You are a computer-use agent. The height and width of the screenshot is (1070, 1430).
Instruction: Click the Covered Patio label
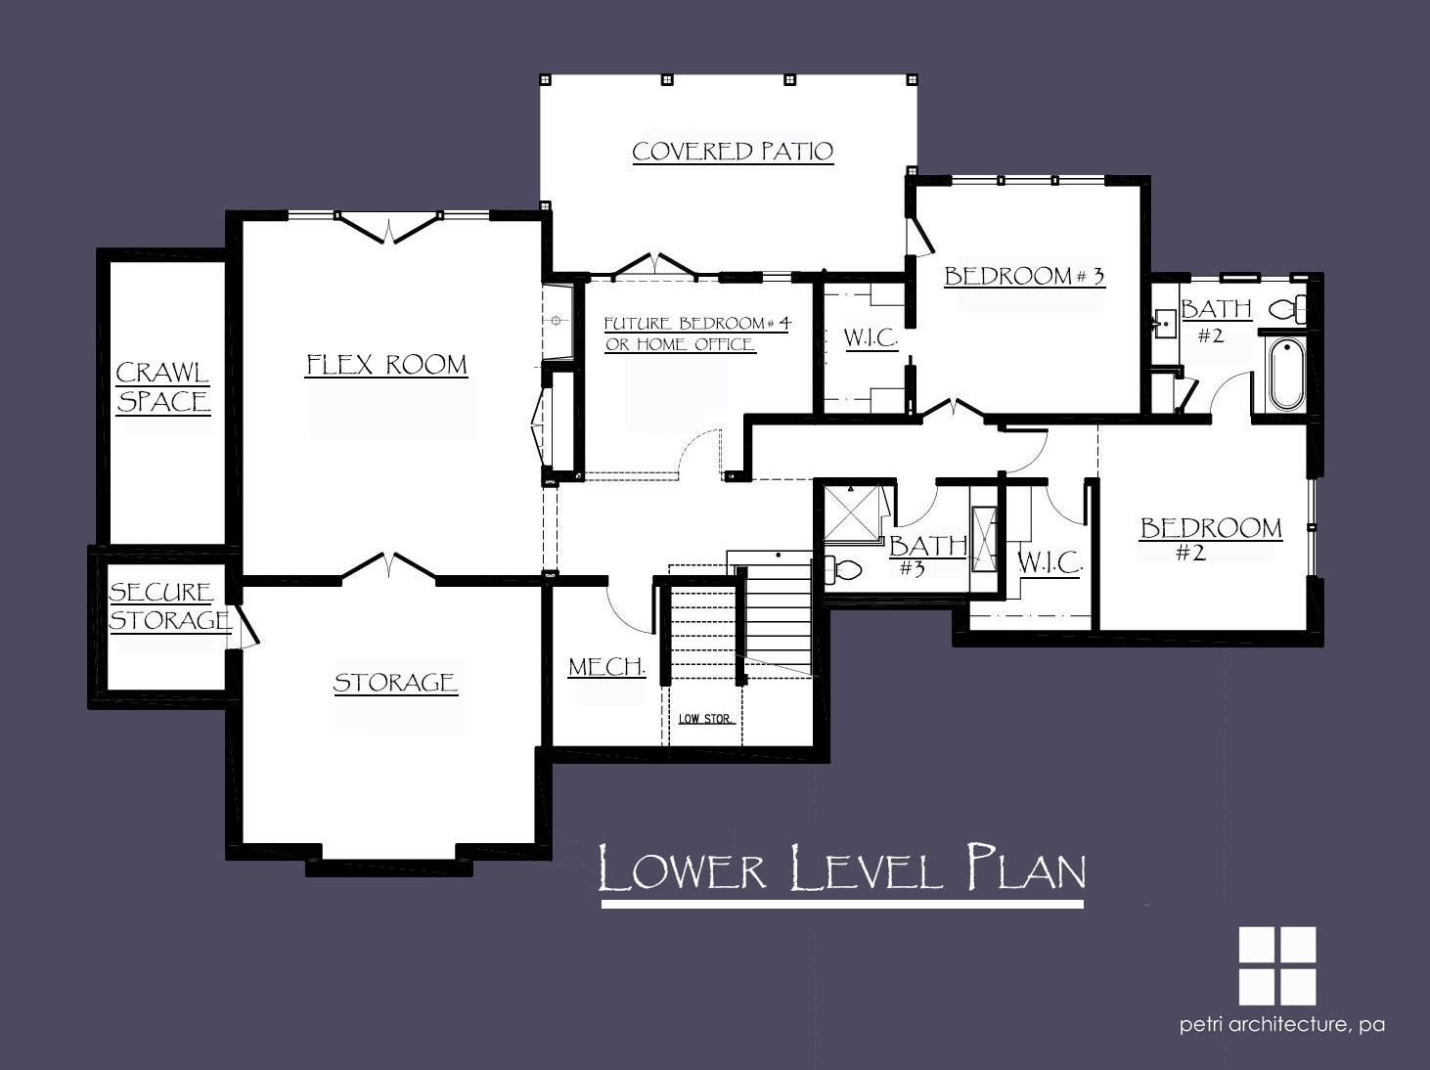pyautogui.click(x=733, y=152)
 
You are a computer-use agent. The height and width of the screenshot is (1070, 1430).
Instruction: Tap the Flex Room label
pyautogui.click(x=387, y=365)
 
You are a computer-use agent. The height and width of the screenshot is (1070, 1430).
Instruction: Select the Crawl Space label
pyautogui.click(x=163, y=387)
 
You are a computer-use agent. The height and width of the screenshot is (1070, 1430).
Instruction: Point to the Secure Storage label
pyautogui.click(x=170, y=606)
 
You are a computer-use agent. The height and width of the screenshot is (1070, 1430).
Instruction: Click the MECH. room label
pyautogui.click(x=606, y=667)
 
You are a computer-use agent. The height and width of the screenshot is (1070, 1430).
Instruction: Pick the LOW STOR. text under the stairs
pyautogui.click(x=706, y=719)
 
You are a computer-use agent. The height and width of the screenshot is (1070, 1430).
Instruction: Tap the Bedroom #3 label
pyautogui.click(x=1025, y=276)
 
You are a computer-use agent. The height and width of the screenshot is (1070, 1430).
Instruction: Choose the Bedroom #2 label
pyautogui.click(x=1211, y=538)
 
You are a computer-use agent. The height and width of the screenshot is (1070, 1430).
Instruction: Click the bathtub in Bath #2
pyautogui.click(x=1286, y=374)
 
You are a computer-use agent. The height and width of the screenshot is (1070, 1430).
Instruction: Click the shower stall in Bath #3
pyautogui.click(x=852, y=513)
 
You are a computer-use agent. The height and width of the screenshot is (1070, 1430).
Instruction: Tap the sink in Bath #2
pyautogui.click(x=1164, y=321)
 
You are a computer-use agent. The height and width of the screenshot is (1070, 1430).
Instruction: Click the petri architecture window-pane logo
pyautogui.click(x=1277, y=966)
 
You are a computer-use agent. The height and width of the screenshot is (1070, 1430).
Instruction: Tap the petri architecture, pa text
pyautogui.click(x=1282, y=1025)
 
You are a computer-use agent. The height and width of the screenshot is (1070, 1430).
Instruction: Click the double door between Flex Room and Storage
pyautogui.click(x=389, y=566)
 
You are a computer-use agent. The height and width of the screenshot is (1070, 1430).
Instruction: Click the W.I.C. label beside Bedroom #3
pyautogui.click(x=871, y=338)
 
